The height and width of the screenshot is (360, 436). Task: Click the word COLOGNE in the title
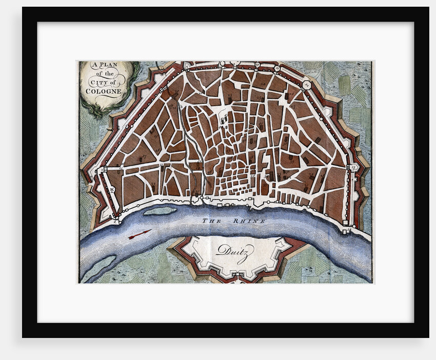point(104,91)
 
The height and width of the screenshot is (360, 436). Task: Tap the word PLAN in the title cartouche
point(108,66)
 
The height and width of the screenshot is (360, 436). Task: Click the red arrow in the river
point(139,234)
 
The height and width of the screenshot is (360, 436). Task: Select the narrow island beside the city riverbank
point(160,211)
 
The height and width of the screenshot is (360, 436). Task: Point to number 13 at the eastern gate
point(353,167)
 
